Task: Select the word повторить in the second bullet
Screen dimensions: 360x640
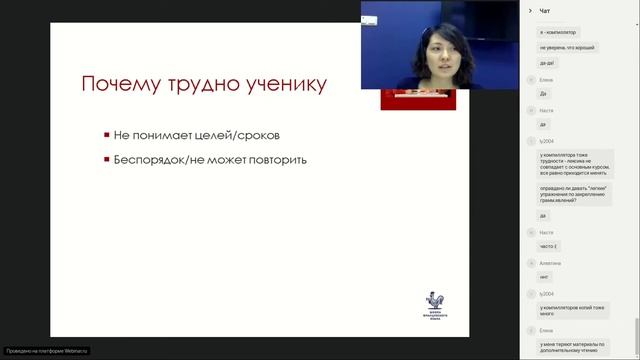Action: [275, 160]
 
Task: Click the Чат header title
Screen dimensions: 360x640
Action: [545, 11]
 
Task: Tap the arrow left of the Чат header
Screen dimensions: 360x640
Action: [528, 11]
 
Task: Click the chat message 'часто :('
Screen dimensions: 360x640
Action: [549, 246]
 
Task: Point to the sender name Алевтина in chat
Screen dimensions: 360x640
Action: [551, 262]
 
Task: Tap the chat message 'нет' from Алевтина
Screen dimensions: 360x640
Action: [544, 277]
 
